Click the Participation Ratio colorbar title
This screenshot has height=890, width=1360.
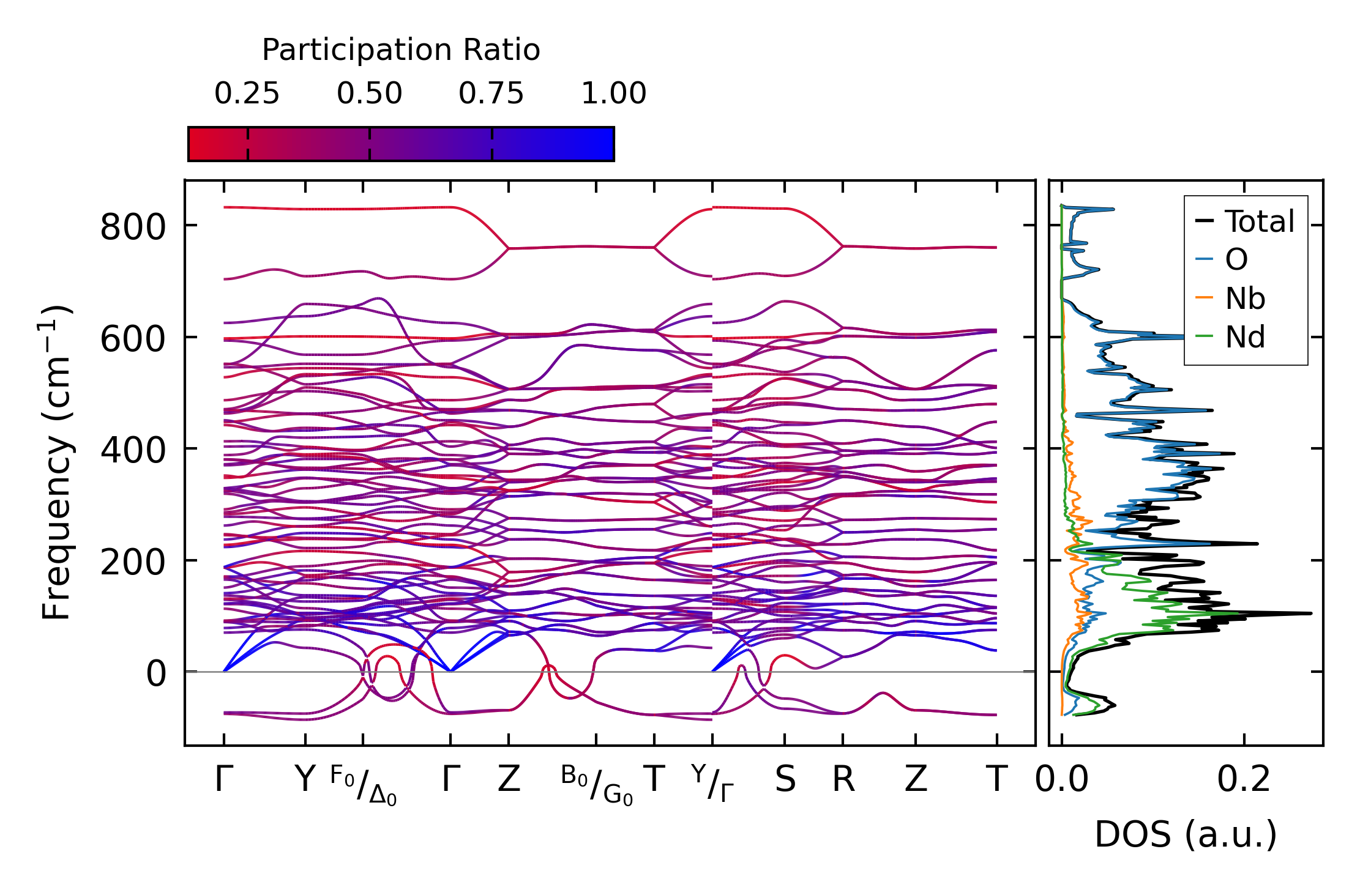coord(401,50)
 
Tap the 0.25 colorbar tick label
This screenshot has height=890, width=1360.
coord(247,94)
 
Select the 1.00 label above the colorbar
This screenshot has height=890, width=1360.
coord(613,94)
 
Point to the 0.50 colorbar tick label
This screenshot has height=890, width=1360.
coord(369,94)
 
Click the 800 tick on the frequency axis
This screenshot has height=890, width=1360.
coord(133,227)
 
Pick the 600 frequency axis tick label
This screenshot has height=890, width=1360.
coord(133,339)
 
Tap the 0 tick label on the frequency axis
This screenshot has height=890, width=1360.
coord(156,673)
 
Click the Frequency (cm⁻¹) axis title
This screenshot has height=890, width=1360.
coord(56,462)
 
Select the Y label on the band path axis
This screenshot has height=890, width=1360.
coord(305,779)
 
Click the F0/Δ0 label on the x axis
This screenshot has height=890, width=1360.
coord(364,785)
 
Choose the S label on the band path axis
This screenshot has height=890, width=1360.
coord(785,779)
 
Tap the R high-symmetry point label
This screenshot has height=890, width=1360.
coord(843,779)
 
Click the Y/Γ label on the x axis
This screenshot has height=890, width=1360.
coord(712,783)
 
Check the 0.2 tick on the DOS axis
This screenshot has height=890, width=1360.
coord(1244,779)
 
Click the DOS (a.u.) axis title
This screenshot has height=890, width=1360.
coord(1186,834)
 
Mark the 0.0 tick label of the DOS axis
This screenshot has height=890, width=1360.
coord(1062,779)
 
